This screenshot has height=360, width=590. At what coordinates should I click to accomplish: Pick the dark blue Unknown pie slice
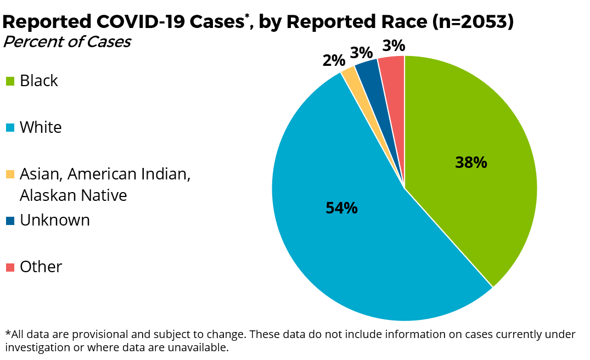coord(368,69)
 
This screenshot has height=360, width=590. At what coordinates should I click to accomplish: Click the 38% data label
coord(471,162)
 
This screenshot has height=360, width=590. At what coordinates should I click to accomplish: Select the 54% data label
coord(341,208)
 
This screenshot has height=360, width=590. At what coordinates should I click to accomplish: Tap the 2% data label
coord(334,60)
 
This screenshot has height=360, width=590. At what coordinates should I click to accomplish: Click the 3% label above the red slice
coord(394,46)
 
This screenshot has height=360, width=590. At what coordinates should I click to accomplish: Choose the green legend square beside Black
coord(10,82)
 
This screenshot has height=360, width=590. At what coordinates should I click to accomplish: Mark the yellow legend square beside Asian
coord(10,175)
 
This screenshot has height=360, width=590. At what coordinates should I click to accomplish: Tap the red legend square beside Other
coord(10,267)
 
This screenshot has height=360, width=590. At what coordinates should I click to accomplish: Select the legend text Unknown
coord(54,220)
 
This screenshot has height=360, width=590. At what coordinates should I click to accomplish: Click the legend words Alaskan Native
coord(73,195)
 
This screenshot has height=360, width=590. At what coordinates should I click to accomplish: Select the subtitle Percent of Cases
coord(66,42)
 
